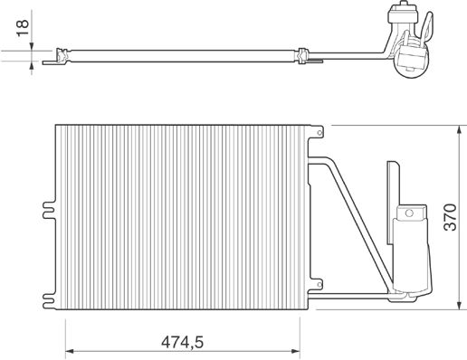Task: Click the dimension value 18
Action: [x=23, y=28]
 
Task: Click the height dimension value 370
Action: [x=451, y=217]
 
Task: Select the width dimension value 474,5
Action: [x=182, y=343]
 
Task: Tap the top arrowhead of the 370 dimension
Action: [x=459, y=130]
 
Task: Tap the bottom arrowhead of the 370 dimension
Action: [x=459, y=305]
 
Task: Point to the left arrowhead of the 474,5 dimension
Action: [x=70, y=351]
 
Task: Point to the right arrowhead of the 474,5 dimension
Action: [x=295, y=351]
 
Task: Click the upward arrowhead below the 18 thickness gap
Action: [x=32, y=65]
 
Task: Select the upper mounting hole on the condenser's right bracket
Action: [x=319, y=133]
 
